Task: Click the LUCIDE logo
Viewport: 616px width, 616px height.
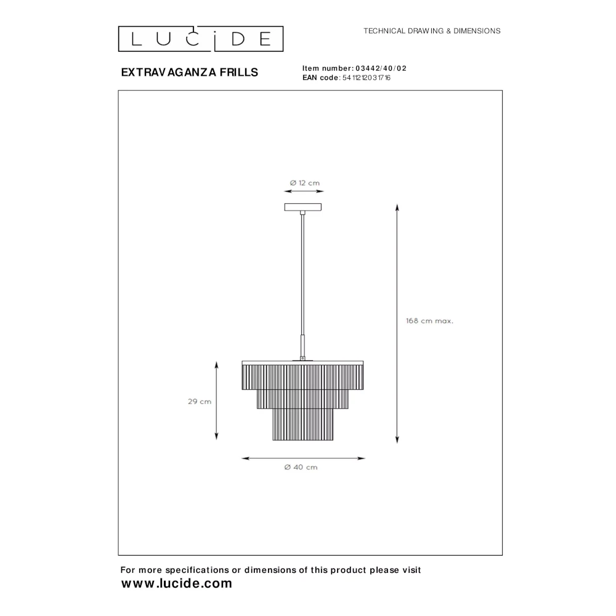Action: (201, 39)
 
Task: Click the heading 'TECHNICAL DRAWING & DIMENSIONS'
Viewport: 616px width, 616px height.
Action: (432, 31)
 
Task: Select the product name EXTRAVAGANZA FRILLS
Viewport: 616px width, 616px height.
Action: (189, 72)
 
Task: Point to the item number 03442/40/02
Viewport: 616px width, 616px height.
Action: (381, 68)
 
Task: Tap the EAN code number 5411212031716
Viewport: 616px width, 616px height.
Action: (367, 78)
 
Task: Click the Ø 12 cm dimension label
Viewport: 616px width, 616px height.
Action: (305, 183)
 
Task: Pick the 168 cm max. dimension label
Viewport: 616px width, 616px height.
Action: (429, 321)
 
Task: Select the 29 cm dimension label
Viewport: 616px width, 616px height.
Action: (200, 402)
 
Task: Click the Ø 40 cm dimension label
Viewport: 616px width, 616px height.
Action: (301, 467)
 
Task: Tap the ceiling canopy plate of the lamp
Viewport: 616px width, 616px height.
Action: (303, 207)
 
